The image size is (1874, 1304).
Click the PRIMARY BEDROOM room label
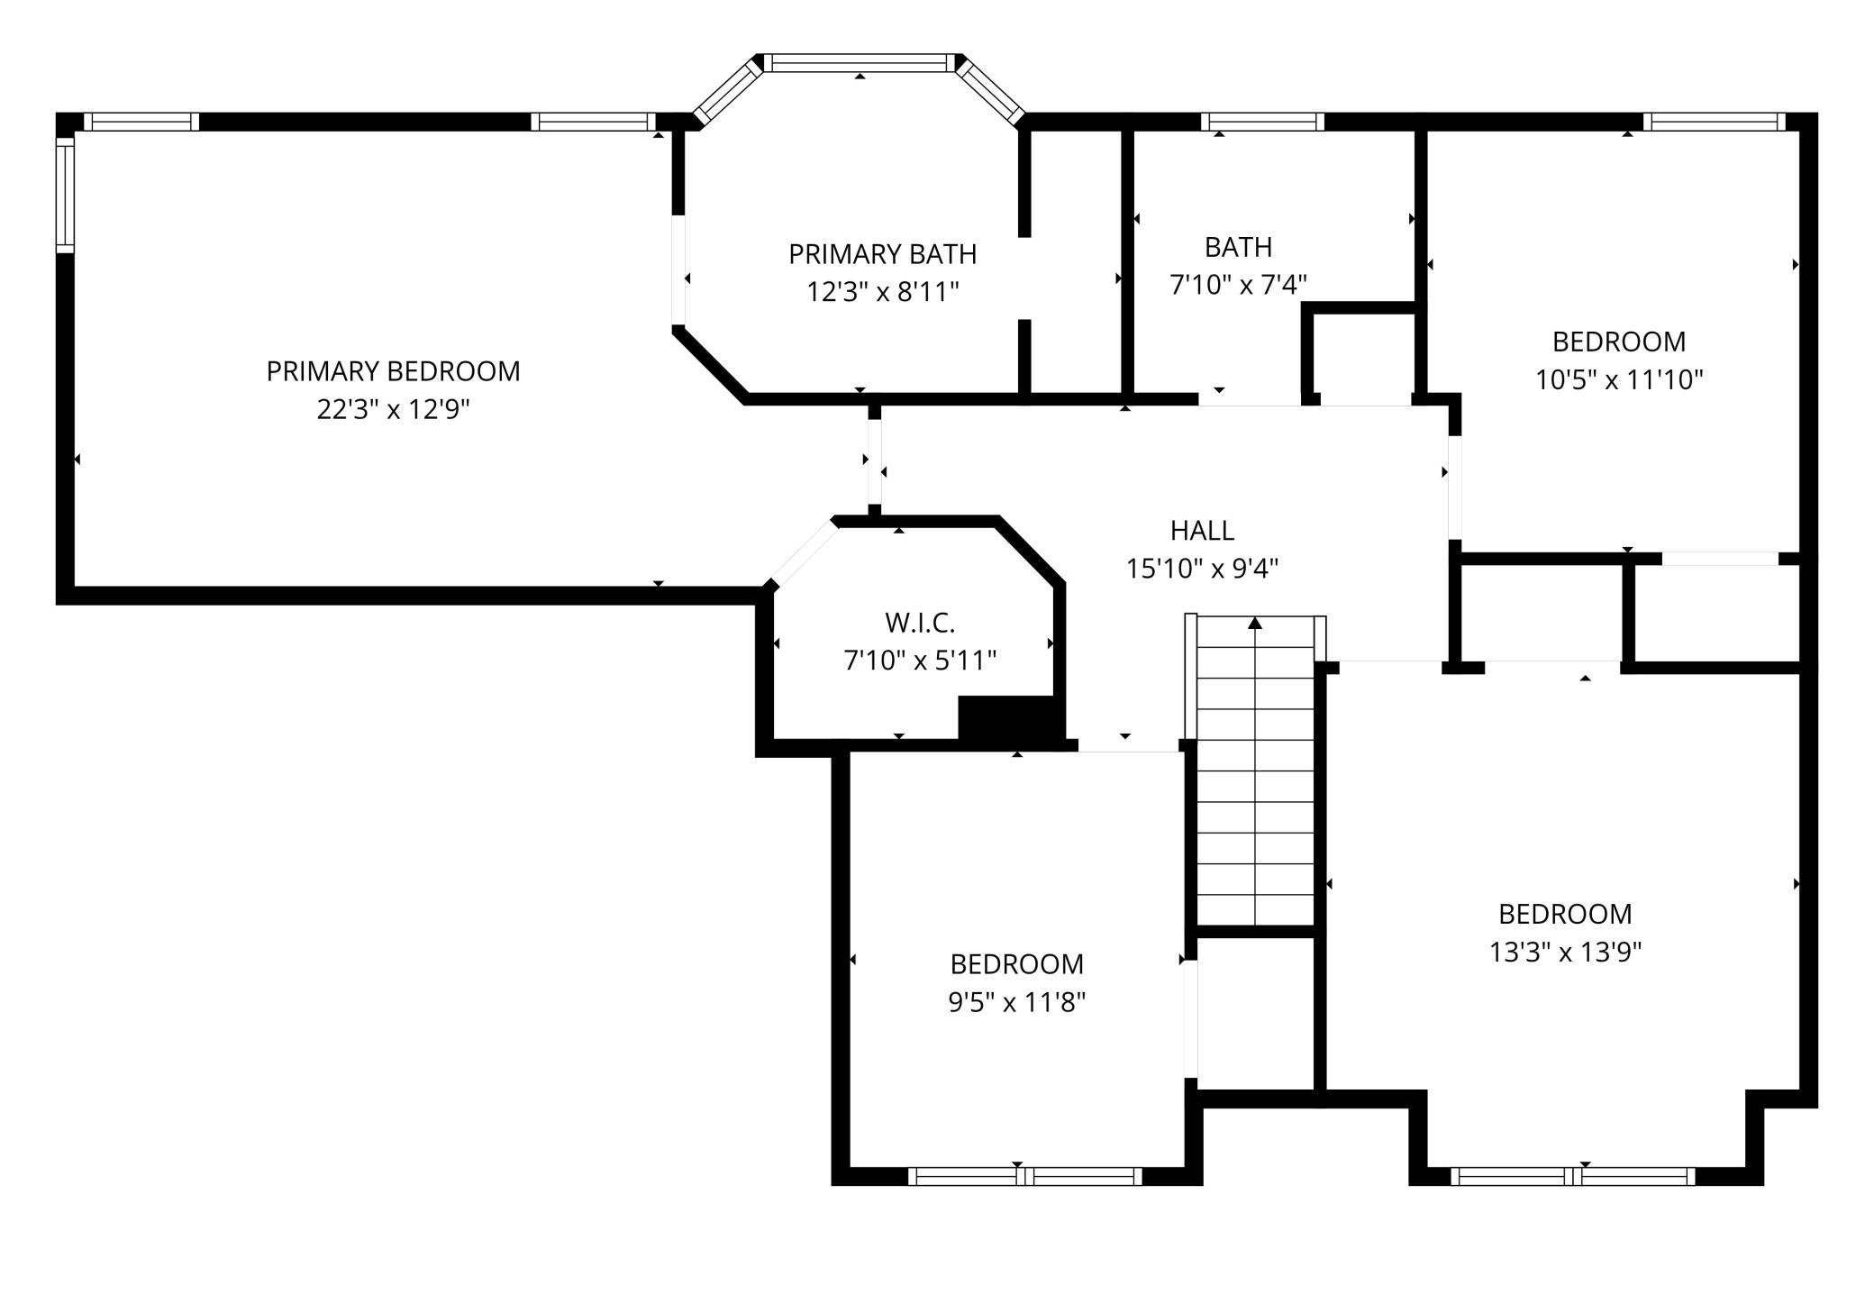point(393,371)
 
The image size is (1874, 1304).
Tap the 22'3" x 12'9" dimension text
point(393,410)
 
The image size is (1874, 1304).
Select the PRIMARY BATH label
point(882,254)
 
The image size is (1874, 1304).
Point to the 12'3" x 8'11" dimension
point(882,292)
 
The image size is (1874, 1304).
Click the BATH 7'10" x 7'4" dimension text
point(1238,285)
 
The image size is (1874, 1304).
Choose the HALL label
point(1202,530)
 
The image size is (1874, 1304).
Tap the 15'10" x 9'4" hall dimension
point(1202,569)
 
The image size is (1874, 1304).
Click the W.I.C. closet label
point(919,622)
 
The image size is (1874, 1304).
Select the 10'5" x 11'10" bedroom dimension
point(1619,379)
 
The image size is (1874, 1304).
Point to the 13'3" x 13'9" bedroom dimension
point(1565,952)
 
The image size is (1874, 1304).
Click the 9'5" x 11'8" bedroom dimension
point(1016,1001)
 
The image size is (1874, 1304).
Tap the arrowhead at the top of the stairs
point(1255,623)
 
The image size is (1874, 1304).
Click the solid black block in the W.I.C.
point(1006,719)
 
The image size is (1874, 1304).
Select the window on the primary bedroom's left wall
point(65,194)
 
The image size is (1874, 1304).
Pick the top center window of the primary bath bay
point(860,63)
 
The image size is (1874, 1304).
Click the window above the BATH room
point(1262,122)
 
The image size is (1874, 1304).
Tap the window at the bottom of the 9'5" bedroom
point(1024,1176)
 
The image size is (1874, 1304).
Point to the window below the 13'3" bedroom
point(1573,1176)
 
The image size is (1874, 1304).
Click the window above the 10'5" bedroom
point(1714,122)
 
